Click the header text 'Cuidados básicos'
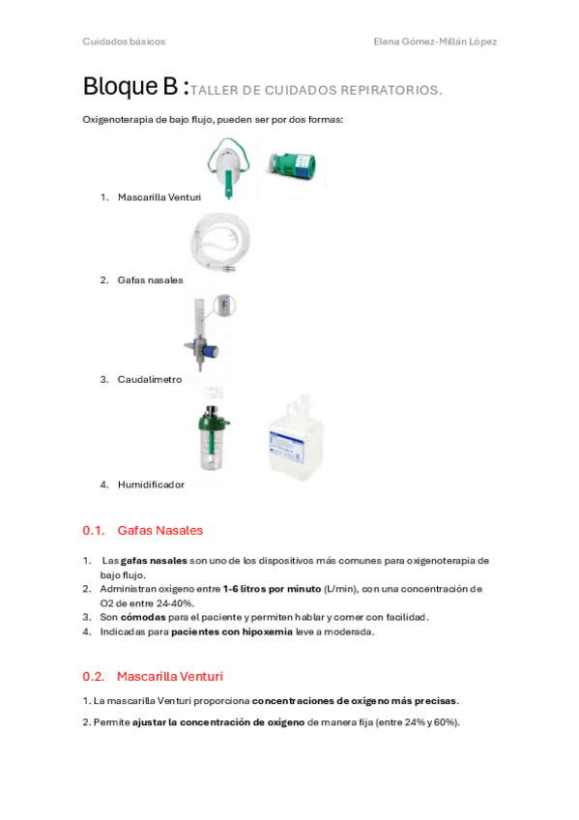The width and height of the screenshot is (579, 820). point(124,42)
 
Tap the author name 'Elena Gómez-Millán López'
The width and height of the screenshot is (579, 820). point(435,42)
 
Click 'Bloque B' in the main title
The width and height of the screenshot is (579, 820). point(130,86)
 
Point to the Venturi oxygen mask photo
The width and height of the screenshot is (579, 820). point(229,167)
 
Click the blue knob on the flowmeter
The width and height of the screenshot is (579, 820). point(211,349)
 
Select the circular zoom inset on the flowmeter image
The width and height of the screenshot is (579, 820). point(225,305)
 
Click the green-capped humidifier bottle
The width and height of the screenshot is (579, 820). point(214,438)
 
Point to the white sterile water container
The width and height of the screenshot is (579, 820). point(296,438)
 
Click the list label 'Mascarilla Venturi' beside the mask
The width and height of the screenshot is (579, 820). point(159,197)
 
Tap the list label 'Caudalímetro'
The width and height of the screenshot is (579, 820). point(150,380)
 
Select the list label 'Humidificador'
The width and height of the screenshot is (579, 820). point(151,484)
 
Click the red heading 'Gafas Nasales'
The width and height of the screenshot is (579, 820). point(159,530)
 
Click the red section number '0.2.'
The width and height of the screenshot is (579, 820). point(94,677)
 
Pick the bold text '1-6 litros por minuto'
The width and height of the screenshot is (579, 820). point(272,589)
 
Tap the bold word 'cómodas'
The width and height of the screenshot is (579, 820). point(143,617)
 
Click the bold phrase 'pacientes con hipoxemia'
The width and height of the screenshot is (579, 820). point(232,631)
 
